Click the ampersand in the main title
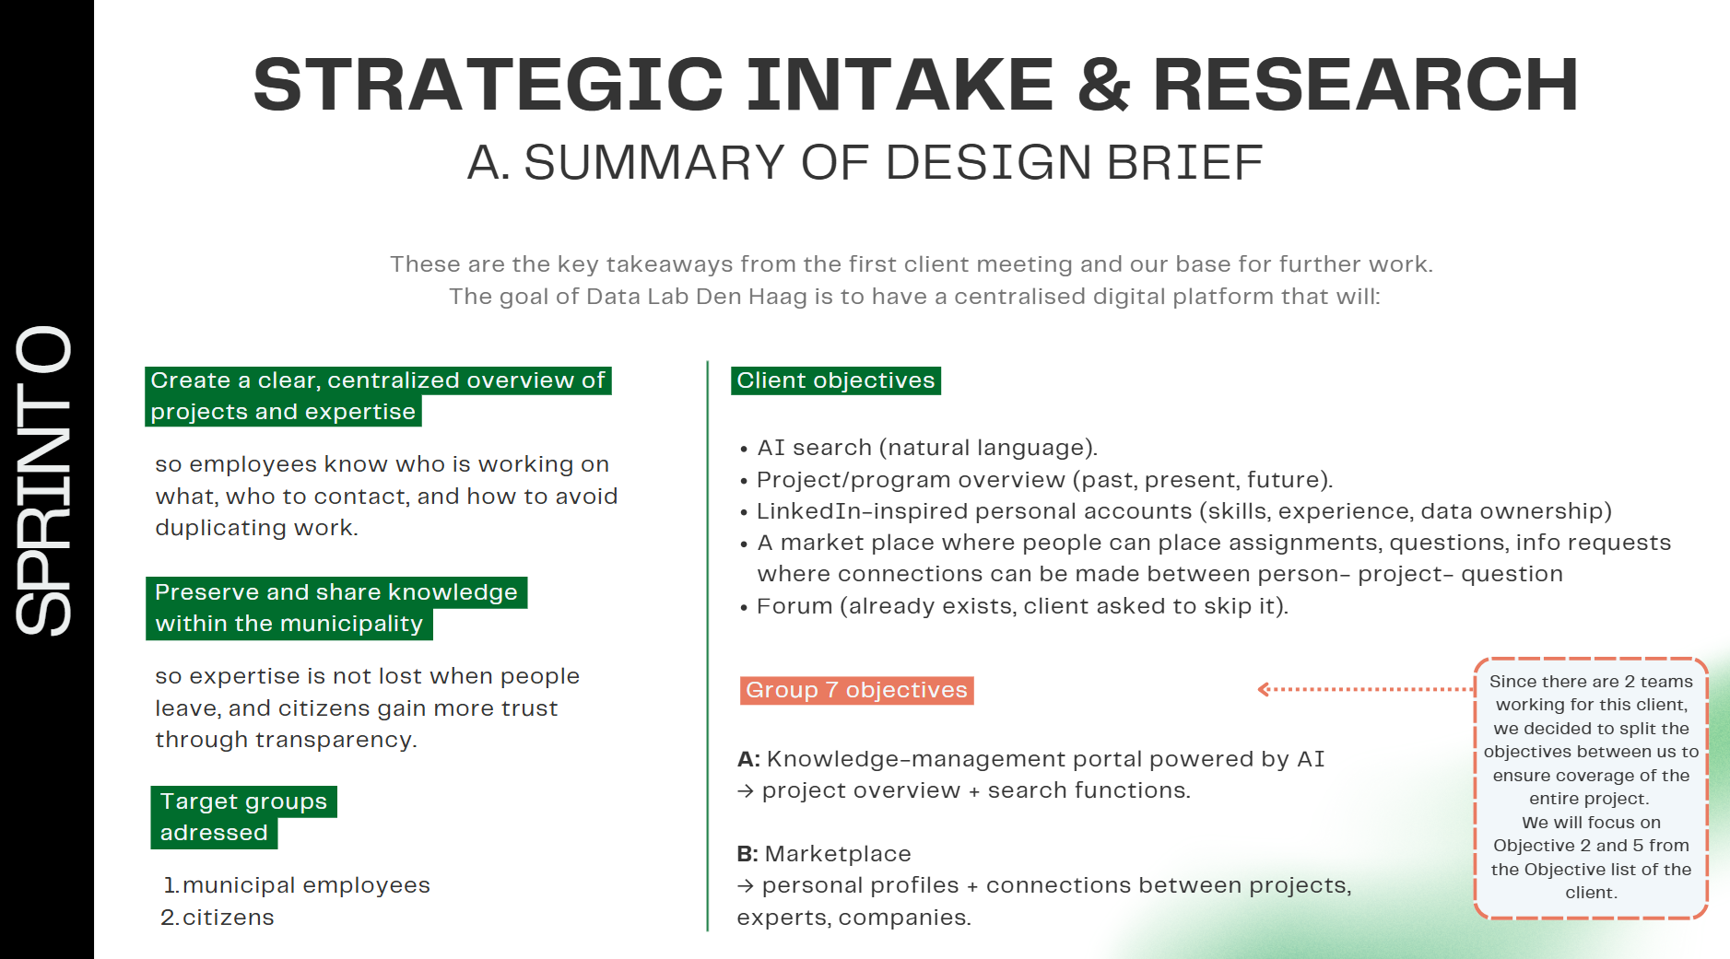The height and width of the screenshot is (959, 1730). pos(1103,85)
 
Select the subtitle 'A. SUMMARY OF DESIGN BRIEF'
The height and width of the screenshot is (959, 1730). pos(865,163)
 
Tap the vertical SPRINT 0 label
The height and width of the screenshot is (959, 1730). pos(43,480)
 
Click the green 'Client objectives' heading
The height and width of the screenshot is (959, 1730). pos(836,380)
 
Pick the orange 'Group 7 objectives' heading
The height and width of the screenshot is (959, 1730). pos(856,690)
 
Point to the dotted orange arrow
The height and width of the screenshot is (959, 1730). pos(1366,689)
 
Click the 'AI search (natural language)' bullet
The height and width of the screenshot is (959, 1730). pos(918,448)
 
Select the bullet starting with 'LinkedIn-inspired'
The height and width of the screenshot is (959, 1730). pos(1176,511)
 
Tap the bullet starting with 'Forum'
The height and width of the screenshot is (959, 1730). pos(1014,606)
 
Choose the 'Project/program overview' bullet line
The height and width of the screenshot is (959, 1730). pos(1036,480)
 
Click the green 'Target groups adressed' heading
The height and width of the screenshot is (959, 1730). pos(244,817)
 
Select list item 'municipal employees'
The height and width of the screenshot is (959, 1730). pos(297,885)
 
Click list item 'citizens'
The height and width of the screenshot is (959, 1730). pos(218,918)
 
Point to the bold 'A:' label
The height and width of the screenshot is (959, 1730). pos(748,759)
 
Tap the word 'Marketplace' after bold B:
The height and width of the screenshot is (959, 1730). pos(838,854)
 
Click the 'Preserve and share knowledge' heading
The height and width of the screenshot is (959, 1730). pos(336,608)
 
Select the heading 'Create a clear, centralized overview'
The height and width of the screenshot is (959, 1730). pos(378,396)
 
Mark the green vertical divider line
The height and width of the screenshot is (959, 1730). pos(708,646)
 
